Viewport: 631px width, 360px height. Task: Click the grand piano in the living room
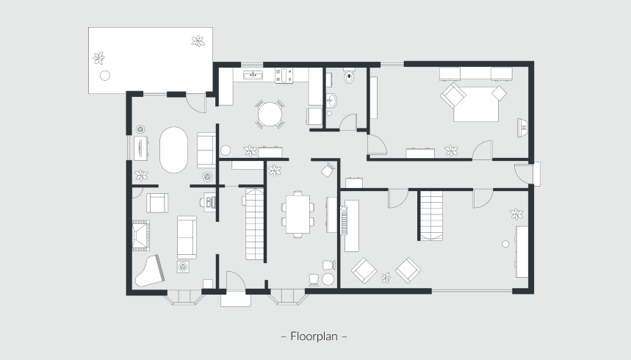pyautogui.click(x=149, y=271)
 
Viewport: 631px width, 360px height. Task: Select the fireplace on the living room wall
pyautogui.click(x=141, y=236)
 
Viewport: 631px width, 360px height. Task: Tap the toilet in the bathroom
pyautogui.click(x=349, y=76)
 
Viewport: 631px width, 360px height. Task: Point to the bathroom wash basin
pyautogui.click(x=331, y=101)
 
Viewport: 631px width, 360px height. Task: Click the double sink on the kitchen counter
pyautogui.click(x=253, y=75)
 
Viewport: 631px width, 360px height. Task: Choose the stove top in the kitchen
pyautogui.click(x=284, y=75)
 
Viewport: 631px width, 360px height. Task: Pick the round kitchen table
pyautogui.click(x=270, y=115)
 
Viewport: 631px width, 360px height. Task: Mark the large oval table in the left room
pyautogui.click(x=173, y=150)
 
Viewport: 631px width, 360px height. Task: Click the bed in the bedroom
pyautogui.click(x=476, y=103)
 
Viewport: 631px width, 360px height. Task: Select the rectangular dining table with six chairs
pyautogui.click(x=298, y=215)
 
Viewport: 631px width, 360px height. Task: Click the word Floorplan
pyautogui.click(x=314, y=336)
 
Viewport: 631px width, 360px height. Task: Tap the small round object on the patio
pyautogui.click(x=105, y=75)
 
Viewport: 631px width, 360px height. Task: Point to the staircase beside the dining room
pyautogui.click(x=254, y=223)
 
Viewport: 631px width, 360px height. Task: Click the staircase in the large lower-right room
pyautogui.click(x=431, y=215)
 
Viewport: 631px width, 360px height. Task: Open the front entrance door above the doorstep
pyautogui.click(x=235, y=281)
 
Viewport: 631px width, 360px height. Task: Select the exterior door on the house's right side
pyautogui.click(x=524, y=174)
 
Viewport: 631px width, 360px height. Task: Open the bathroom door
pyautogui.click(x=348, y=122)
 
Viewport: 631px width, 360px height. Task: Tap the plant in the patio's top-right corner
pyautogui.click(x=198, y=41)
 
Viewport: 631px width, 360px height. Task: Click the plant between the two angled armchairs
pyautogui.click(x=386, y=278)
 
